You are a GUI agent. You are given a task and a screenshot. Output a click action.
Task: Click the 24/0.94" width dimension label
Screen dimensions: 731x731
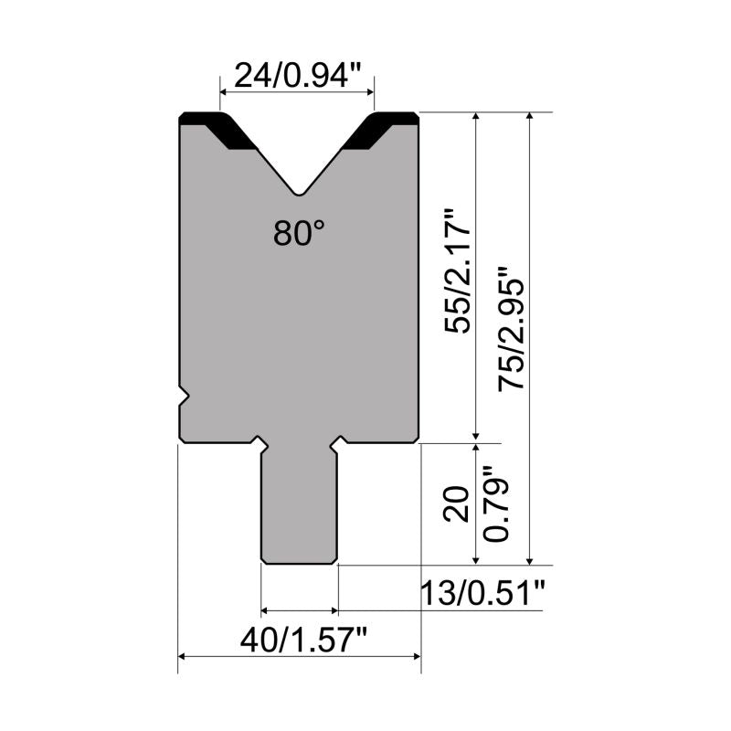[x=298, y=76]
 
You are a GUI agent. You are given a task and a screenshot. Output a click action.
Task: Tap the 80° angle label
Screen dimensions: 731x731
[x=299, y=233]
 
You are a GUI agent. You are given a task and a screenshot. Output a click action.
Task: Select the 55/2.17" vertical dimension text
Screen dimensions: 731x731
[x=458, y=271]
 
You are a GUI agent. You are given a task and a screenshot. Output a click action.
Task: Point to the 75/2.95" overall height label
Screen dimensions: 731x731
[x=512, y=328]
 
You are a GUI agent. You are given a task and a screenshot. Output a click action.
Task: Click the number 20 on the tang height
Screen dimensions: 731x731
[x=456, y=503]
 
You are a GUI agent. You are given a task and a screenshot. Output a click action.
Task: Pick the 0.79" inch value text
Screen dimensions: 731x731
[x=495, y=504]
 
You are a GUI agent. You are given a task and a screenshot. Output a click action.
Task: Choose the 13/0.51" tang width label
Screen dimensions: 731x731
[x=482, y=593]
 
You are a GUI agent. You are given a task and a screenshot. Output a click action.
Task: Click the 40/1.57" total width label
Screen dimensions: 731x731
[x=304, y=641]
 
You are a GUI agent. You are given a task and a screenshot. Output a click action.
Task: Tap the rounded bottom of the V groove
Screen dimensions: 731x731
[x=299, y=192]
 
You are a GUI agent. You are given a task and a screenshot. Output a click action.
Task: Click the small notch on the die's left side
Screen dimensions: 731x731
[x=184, y=397]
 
